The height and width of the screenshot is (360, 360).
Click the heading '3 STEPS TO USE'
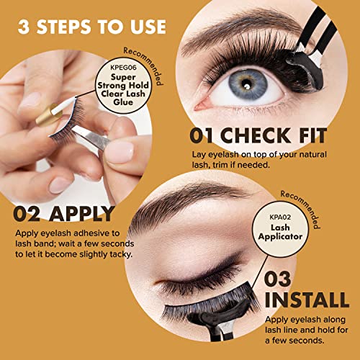point(92,27)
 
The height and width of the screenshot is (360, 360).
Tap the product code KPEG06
point(123,68)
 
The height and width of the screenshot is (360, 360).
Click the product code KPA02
point(280,217)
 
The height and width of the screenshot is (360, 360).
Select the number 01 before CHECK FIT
point(201,135)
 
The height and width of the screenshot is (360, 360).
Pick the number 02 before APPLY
point(27,214)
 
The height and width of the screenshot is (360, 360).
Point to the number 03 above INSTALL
point(277,279)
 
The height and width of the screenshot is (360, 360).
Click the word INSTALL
point(307,300)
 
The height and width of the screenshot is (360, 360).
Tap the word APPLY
point(81,214)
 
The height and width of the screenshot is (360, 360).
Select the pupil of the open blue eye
point(246,84)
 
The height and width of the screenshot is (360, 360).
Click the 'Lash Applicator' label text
point(280,232)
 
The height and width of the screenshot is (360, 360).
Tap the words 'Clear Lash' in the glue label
point(123,94)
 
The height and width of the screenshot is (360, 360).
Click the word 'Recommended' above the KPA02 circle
point(300,210)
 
